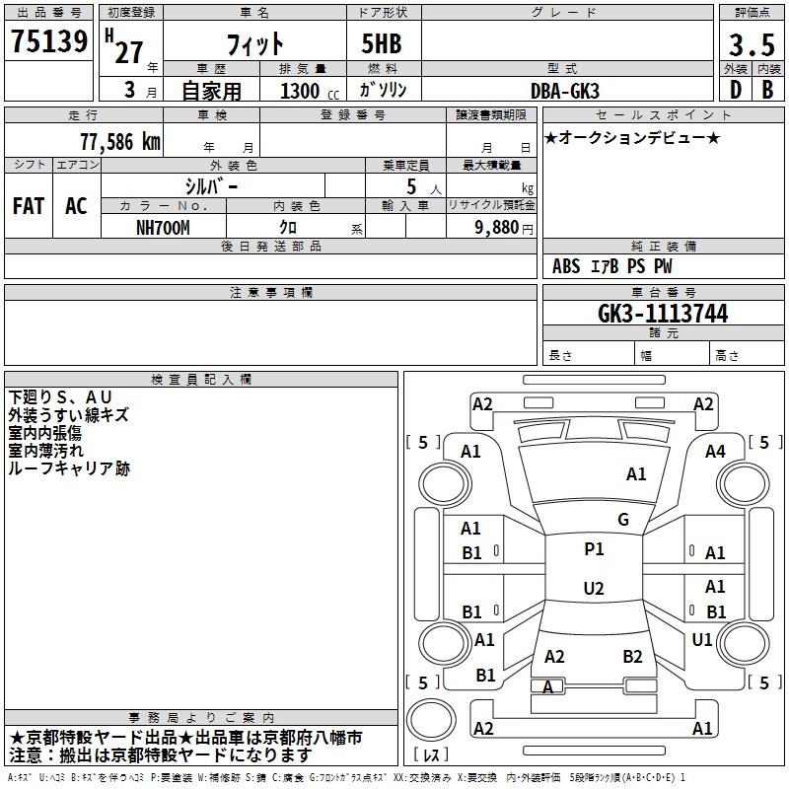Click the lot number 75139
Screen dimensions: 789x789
(x=48, y=42)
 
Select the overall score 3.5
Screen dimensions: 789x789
(x=751, y=45)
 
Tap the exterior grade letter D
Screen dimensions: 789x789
(x=735, y=89)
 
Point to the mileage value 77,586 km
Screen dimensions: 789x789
(x=119, y=141)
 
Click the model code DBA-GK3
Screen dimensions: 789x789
(x=566, y=90)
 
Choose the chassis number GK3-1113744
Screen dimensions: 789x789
(x=663, y=314)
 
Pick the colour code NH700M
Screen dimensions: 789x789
(x=163, y=226)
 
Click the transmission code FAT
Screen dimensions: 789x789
(x=29, y=205)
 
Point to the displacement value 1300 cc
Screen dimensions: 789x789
(x=307, y=91)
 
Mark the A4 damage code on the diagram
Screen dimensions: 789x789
(x=715, y=451)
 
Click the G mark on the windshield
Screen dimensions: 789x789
(x=622, y=519)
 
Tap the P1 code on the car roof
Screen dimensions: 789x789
(x=594, y=549)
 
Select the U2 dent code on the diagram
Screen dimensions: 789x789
(x=594, y=589)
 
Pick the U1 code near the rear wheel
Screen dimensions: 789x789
(x=702, y=639)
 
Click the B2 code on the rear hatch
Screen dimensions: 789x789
(x=632, y=656)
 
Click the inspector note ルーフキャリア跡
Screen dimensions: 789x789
(x=69, y=468)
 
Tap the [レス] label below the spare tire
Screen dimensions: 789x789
(x=434, y=754)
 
